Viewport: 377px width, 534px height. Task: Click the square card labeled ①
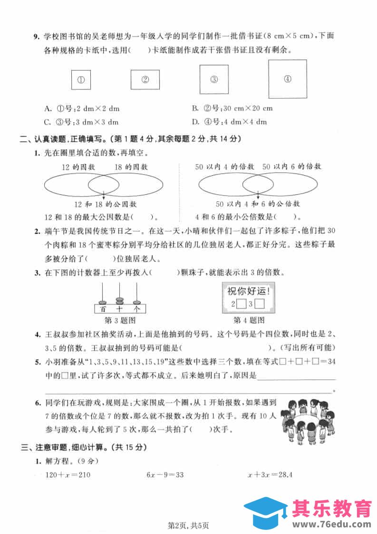(81, 80)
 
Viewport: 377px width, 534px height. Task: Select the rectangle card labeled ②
(145, 80)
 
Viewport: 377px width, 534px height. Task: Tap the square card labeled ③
(213, 79)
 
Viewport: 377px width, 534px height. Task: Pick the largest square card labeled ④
(287, 79)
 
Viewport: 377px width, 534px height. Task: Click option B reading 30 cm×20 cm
(232, 109)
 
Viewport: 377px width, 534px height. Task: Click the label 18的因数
(131, 167)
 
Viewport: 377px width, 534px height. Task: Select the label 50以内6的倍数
(291, 167)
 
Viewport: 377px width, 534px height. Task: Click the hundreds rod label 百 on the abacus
(102, 309)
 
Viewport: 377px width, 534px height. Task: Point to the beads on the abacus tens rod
(119, 300)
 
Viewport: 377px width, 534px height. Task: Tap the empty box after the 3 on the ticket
(260, 304)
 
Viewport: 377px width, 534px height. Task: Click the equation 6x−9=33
(167, 475)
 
